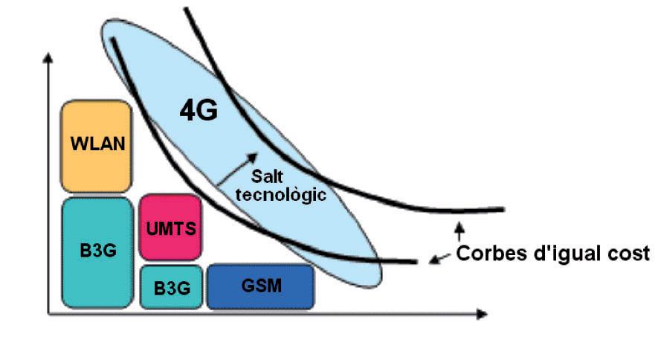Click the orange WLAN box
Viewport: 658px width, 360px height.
click(96, 147)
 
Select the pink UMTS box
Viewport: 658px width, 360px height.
click(170, 227)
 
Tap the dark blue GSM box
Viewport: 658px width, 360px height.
click(260, 286)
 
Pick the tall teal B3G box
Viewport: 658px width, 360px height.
click(96, 251)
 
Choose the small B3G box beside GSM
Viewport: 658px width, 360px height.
click(170, 286)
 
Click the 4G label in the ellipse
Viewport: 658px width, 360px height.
click(199, 111)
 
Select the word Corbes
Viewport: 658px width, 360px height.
click(488, 253)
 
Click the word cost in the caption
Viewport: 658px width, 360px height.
click(630, 253)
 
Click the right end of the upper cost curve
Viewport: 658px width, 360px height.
click(503, 210)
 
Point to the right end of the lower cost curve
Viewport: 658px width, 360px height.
click(415, 261)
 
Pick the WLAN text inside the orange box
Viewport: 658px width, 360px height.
click(97, 143)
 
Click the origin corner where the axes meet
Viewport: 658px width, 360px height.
click(50, 314)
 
